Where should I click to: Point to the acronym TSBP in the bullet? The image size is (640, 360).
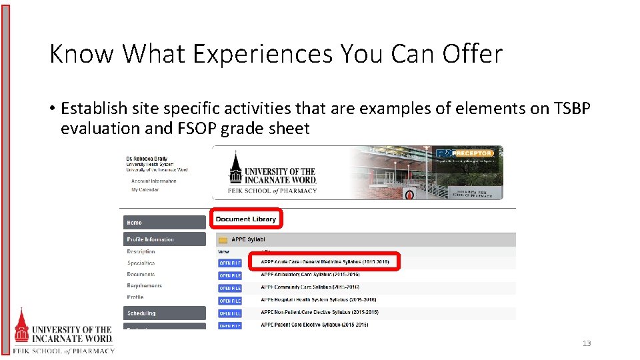(x=571, y=108)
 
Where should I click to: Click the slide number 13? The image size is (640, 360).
(x=587, y=343)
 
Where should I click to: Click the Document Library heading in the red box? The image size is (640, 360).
(x=245, y=219)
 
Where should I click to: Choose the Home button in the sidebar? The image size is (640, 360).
(x=164, y=222)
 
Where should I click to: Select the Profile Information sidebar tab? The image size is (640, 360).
(x=164, y=239)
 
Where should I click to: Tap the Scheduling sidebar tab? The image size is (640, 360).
(x=164, y=313)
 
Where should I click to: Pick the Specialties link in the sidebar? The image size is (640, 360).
(x=141, y=263)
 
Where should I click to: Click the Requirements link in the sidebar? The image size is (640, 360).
(x=144, y=286)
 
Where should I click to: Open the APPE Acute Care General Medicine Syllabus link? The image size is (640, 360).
(x=325, y=261)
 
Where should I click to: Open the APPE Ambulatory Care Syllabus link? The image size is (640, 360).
(x=310, y=275)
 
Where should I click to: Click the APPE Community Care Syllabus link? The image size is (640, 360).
(x=310, y=287)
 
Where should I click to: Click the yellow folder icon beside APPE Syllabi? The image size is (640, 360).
(x=223, y=239)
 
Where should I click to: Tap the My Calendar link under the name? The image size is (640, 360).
(x=145, y=190)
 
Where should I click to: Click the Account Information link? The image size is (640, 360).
(x=153, y=181)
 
